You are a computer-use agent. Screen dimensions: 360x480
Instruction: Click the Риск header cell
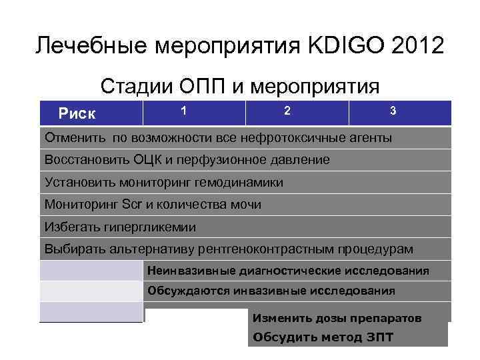pyautogui.click(x=77, y=114)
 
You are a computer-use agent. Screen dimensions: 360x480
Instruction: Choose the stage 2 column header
pyautogui.click(x=287, y=110)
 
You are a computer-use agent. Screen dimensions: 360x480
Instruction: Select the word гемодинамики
pyautogui.click(x=242, y=182)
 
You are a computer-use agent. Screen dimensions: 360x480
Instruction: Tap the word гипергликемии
pyautogui.click(x=149, y=227)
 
